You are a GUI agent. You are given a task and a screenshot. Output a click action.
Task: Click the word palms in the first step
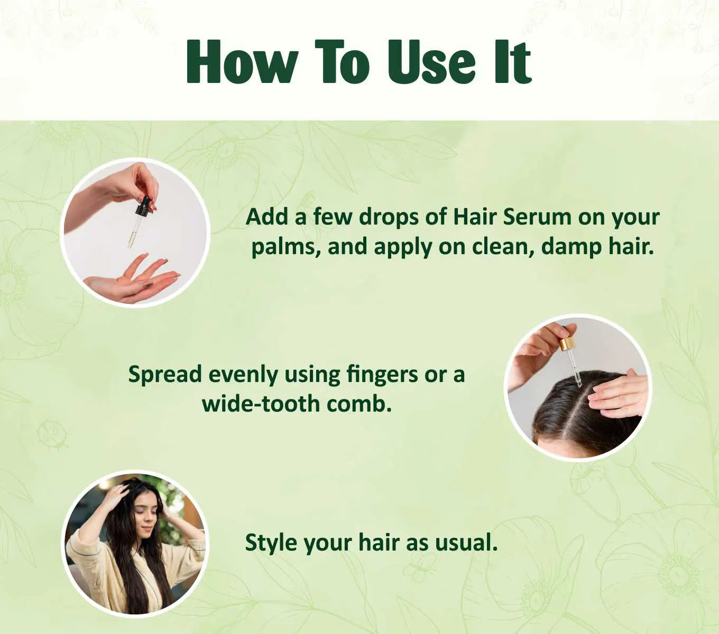(x=285, y=247)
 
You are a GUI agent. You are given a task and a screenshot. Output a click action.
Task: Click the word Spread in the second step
(x=165, y=375)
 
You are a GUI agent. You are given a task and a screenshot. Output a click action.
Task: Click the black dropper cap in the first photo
(x=143, y=206)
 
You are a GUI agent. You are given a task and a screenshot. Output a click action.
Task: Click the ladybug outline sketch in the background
(x=51, y=435)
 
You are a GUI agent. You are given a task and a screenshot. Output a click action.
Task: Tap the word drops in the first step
(x=389, y=217)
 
